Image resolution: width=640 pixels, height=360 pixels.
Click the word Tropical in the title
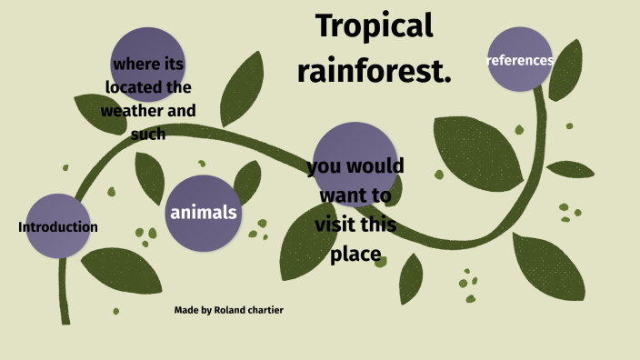(x=374, y=27)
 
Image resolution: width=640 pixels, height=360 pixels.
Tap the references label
(x=520, y=61)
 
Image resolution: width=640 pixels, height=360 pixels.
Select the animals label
(x=204, y=213)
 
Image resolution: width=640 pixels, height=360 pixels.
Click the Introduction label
(x=58, y=227)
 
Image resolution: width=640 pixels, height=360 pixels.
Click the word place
(x=355, y=255)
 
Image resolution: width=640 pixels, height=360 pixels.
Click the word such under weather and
(x=147, y=135)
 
